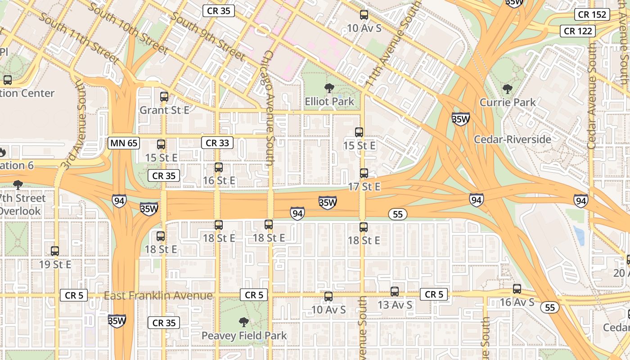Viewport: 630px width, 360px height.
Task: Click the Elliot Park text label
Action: point(329,101)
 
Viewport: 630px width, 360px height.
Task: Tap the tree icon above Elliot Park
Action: point(329,88)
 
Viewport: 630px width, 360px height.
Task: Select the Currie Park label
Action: point(508,102)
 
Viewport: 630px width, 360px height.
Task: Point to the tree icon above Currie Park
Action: point(508,89)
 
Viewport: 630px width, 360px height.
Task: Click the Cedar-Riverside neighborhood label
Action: point(512,139)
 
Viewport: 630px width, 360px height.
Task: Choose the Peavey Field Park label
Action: point(244,335)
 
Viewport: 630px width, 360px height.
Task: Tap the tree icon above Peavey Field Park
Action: point(244,322)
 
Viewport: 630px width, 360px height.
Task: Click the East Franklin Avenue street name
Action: point(158,296)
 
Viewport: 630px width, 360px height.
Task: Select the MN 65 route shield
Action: point(124,144)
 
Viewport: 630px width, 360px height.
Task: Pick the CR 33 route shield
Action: point(217,143)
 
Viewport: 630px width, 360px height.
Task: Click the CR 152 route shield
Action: point(592,14)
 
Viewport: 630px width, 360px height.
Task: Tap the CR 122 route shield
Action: point(578,31)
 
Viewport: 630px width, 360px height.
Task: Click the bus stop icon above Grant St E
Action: point(164,96)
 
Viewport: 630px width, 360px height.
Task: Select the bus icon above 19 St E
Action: point(55,251)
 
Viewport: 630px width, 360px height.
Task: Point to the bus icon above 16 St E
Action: point(219,167)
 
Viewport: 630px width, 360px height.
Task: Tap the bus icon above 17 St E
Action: point(364,173)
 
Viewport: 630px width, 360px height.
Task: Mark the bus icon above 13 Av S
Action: point(395,292)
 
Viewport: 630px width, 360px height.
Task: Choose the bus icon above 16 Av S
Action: point(517,289)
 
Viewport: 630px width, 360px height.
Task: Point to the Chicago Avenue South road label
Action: point(269,108)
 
